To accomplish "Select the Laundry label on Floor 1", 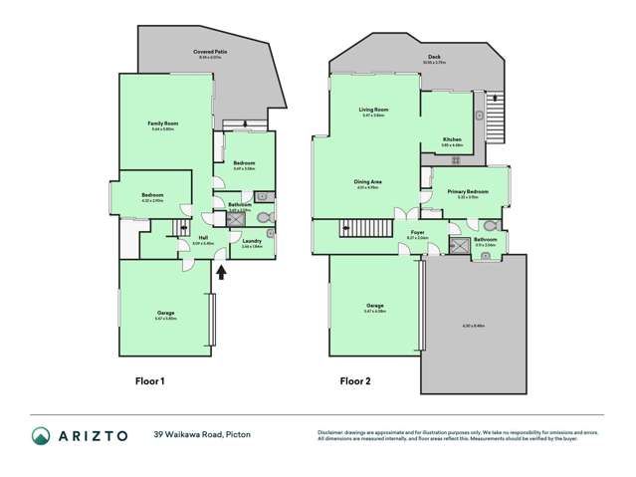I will tap(251, 241).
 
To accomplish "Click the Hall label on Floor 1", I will tap(202, 238).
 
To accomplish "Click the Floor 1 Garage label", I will tap(166, 314).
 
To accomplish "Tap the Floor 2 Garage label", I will tap(374, 305).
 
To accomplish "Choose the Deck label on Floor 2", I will tap(434, 58).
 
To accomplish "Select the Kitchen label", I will tap(452, 139).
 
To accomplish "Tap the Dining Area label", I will tap(368, 181).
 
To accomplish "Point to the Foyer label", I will tap(417, 233).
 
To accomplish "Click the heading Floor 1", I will tap(149, 380).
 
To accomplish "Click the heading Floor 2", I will tap(355, 380).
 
